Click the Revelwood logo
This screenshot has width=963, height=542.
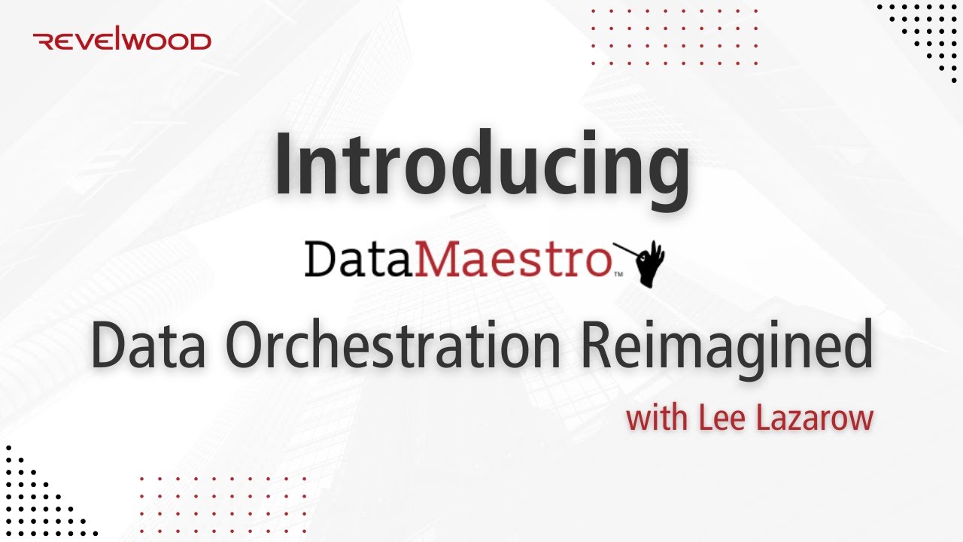click(123, 41)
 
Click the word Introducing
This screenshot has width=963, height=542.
click(481, 164)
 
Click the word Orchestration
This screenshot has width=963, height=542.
click(392, 348)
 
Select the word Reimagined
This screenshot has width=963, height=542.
click(727, 348)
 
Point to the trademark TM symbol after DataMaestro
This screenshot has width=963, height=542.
click(618, 276)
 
